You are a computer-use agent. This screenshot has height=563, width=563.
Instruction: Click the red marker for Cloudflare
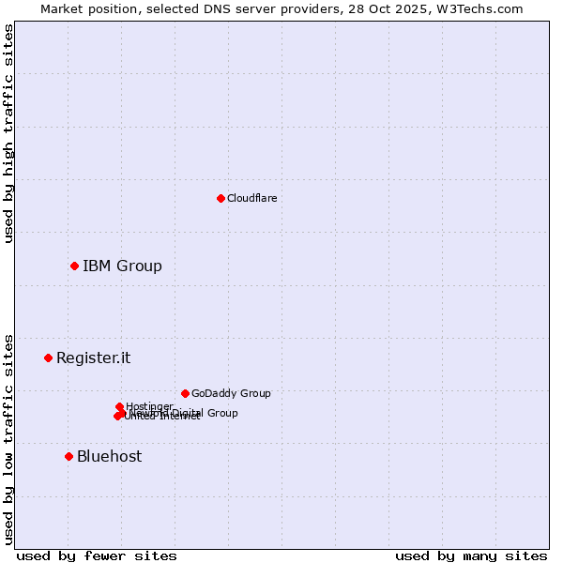pyautogui.click(x=221, y=198)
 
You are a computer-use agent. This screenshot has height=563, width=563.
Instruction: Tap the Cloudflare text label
pyautogui.click(x=251, y=198)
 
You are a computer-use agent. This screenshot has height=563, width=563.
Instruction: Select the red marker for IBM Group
pyautogui.click(x=74, y=266)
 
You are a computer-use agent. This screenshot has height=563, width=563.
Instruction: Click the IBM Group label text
pyautogui.click(x=122, y=266)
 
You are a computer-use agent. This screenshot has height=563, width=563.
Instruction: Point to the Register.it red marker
pyautogui.click(x=48, y=358)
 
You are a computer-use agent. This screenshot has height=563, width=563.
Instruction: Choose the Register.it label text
pyautogui.click(x=93, y=358)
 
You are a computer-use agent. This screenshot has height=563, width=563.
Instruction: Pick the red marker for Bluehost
pyautogui.click(x=68, y=456)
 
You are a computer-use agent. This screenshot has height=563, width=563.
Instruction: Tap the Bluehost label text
pyautogui.click(x=109, y=456)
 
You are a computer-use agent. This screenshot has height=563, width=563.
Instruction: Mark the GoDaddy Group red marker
pyautogui.click(x=185, y=393)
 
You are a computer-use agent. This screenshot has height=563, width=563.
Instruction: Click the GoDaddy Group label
pyautogui.click(x=231, y=393)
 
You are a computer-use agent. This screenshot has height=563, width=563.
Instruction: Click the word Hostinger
pyautogui.click(x=149, y=406)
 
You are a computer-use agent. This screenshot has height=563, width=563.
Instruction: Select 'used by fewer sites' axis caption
pyautogui.click(x=97, y=555)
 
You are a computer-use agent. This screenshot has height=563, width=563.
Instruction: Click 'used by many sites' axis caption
pyautogui.click(x=471, y=555)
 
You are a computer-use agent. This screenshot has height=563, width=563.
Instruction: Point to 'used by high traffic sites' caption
pyautogui.click(x=8, y=134)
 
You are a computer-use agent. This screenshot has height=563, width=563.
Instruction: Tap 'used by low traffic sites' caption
pyautogui.click(x=8, y=438)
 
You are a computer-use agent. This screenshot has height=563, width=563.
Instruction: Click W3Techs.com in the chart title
pyautogui.click(x=483, y=8)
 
